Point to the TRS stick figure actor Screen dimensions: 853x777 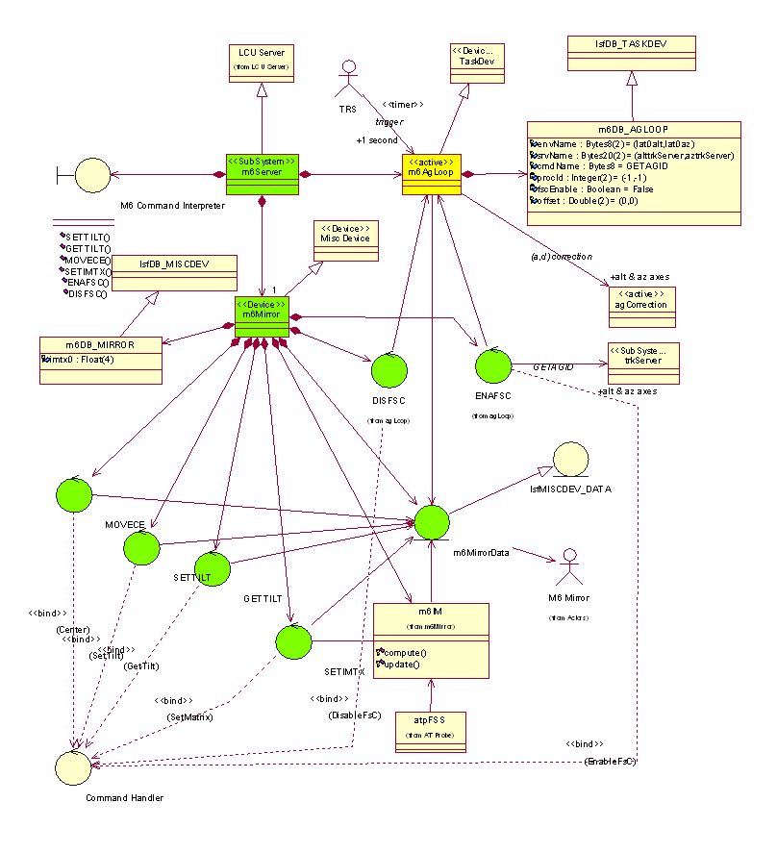[349, 81]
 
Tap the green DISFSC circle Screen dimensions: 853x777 [388, 372]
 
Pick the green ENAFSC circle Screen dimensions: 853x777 [494, 367]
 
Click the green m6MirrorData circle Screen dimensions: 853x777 [432, 521]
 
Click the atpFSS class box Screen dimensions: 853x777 [432, 732]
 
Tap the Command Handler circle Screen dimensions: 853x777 [73, 766]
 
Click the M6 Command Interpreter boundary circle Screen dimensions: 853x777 [92, 175]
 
